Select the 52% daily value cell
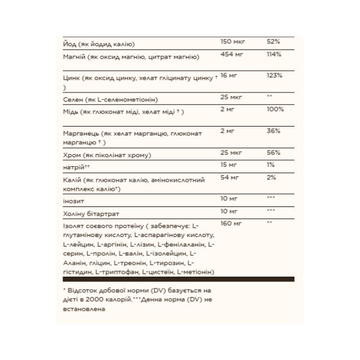(x=273, y=43)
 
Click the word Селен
(x=73, y=98)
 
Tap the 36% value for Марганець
(x=273, y=131)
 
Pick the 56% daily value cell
(x=273, y=154)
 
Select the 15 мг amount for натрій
(x=229, y=165)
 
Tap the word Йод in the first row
(x=70, y=44)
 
